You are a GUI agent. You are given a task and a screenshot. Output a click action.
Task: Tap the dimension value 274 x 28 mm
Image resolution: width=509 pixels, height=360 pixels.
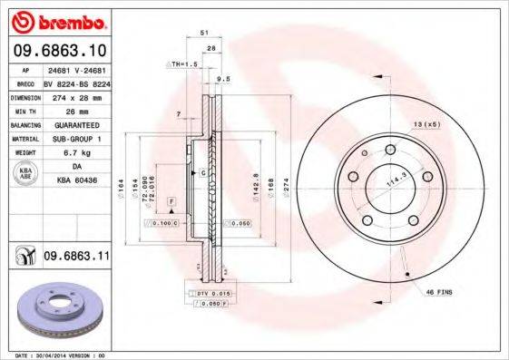[76, 95]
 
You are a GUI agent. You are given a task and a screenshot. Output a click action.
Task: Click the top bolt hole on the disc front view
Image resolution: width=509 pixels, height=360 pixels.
[389, 150]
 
